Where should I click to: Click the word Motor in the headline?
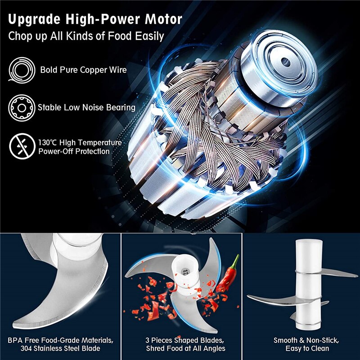coord(163,19)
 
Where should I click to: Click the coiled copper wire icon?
coord(22,70)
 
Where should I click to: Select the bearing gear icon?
coord(22,108)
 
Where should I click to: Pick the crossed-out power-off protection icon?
coord(22,146)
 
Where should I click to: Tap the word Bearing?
coord(121,108)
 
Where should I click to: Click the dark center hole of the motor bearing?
coord(286,62)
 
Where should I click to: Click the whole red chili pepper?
coord(227,274)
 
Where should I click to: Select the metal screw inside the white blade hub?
coord(185,272)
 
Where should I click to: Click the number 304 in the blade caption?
coord(26,348)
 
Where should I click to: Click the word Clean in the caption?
coord(319,348)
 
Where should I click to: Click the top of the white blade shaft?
coord(309,241)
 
